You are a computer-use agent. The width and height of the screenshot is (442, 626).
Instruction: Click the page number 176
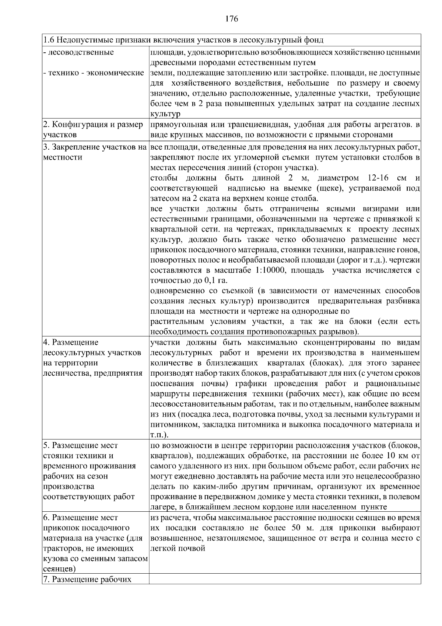tap(232, 19)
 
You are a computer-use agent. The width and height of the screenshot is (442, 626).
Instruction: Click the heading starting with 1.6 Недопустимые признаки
tap(183, 40)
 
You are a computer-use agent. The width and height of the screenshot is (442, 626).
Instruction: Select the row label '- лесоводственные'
tap(78, 52)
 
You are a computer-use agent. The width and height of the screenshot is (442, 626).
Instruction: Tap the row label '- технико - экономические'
tap(93, 73)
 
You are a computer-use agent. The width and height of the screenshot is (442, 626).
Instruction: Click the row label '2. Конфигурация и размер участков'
tap(93, 130)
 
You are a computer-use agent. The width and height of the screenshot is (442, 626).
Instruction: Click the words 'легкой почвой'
tap(178, 548)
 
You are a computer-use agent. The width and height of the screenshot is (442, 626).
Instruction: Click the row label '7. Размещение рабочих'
tap(87, 579)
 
